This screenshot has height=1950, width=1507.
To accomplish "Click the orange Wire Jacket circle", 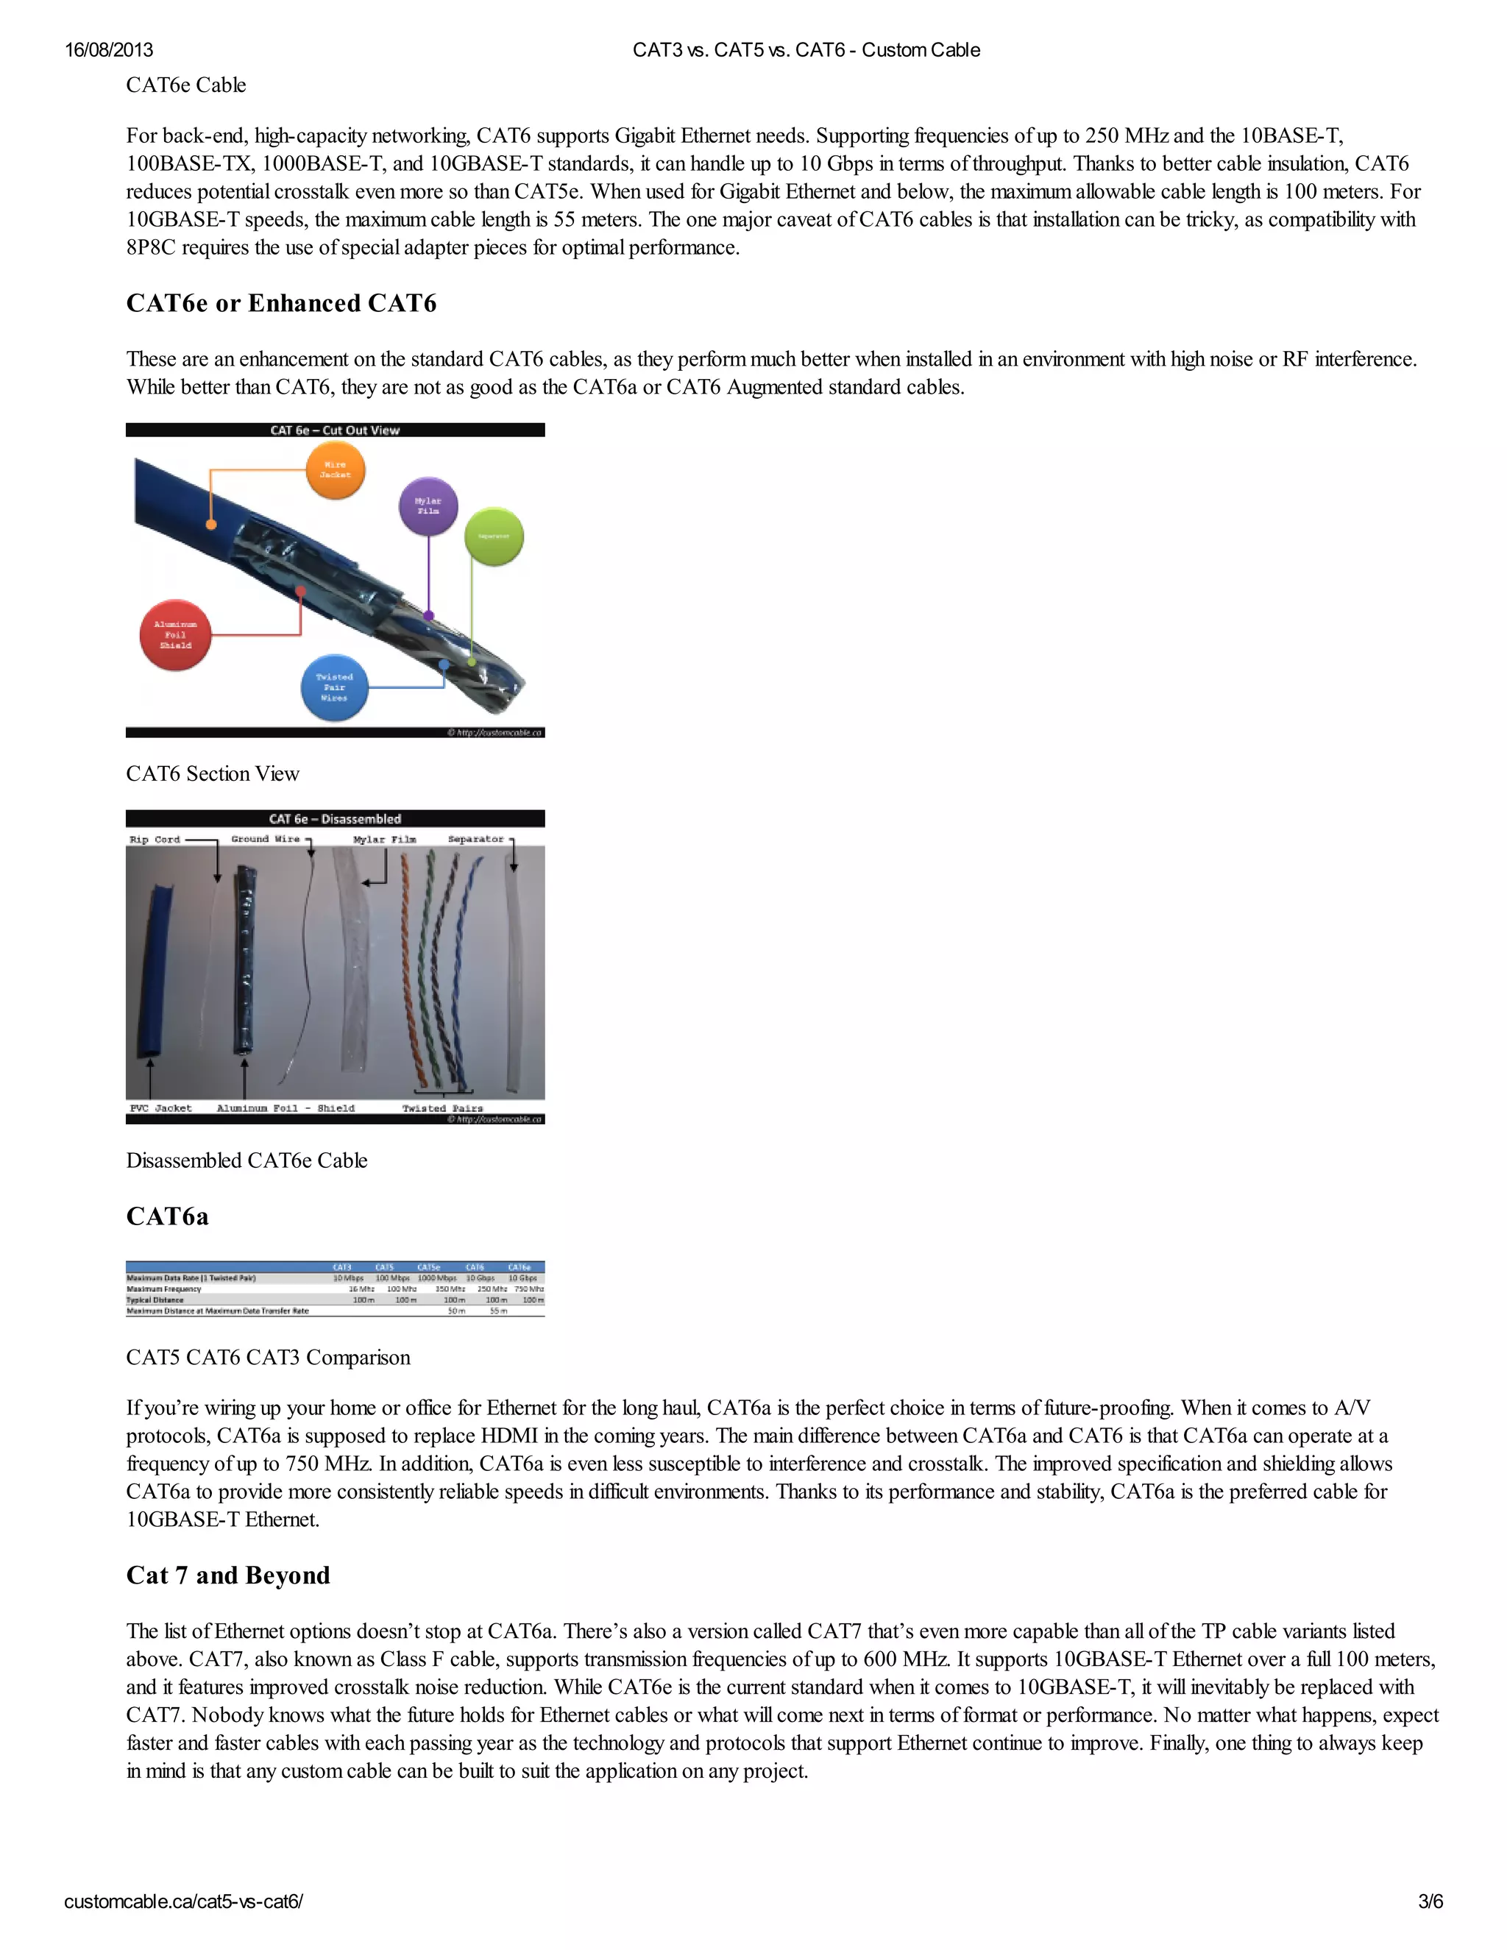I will pyautogui.click(x=336, y=469).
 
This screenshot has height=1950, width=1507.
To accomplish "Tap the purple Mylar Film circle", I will pyautogui.click(x=428, y=506).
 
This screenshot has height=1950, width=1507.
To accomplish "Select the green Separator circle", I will pyautogui.click(x=494, y=536).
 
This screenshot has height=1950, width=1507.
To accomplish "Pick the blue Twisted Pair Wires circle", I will pyautogui.click(x=334, y=687).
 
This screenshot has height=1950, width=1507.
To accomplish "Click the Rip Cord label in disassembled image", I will pyautogui.click(x=155, y=840).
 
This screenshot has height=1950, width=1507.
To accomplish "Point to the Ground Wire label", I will pyautogui.click(x=265, y=840).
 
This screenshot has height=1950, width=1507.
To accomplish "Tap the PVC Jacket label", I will pyautogui.click(x=160, y=1108).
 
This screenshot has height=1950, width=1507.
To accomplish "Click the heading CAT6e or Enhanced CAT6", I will pyautogui.click(x=281, y=304).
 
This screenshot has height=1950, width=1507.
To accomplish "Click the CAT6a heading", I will pyautogui.click(x=167, y=1216).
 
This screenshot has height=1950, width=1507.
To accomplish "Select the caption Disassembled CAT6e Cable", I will pyautogui.click(x=247, y=1160).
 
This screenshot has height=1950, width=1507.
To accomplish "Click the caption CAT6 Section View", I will pyautogui.click(x=213, y=773).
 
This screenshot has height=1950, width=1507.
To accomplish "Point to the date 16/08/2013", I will pyautogui.click(x=109, y=50).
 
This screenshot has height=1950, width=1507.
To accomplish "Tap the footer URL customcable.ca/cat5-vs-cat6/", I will pyautogui.click(x=183, y=1901).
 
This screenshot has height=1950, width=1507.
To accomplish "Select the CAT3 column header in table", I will pyautogui.click(x=342, y=1267).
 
